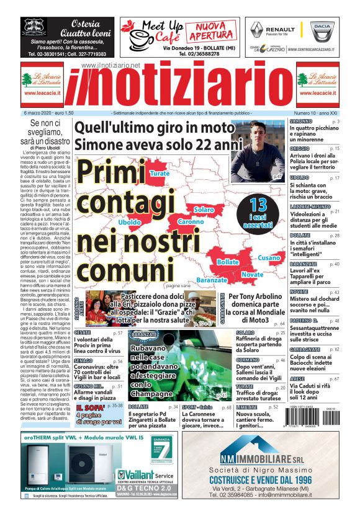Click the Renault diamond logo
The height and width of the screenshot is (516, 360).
257,30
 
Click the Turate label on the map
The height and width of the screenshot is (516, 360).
160,173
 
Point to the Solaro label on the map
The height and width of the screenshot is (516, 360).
204,210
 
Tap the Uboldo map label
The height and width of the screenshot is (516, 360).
130,221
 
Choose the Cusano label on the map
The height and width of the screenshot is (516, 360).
269,257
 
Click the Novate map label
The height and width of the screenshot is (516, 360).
253,274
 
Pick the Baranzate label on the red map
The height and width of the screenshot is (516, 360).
212,280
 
